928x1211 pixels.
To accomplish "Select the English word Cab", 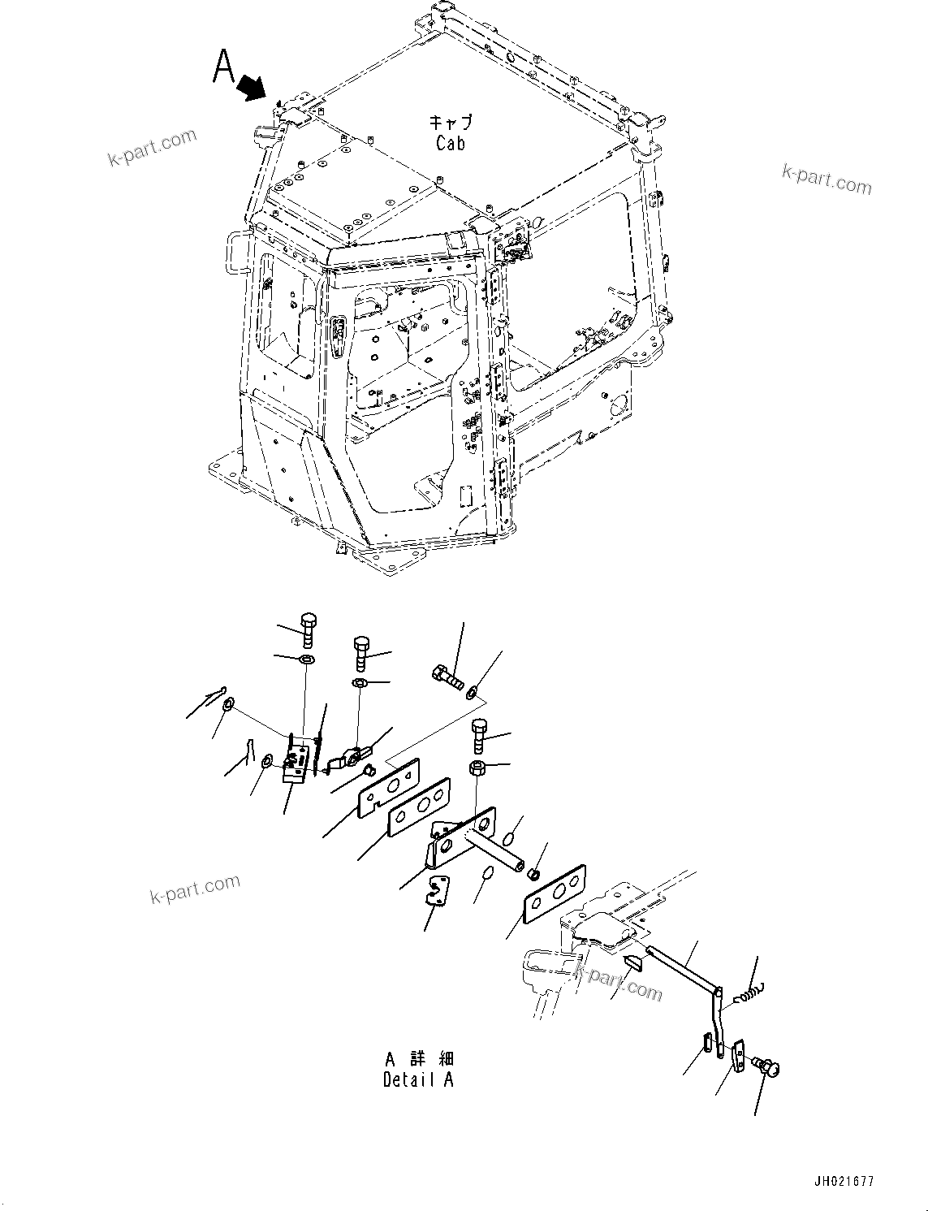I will [451, 144].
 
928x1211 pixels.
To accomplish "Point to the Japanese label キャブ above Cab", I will [451, 123].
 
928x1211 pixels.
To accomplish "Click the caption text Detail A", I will [418, 1080].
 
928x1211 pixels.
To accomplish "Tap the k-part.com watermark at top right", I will [827, 179].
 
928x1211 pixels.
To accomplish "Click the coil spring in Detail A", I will [746, 993].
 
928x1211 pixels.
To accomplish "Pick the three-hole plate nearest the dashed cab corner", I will [555, 893].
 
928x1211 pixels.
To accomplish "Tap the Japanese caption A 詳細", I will [420, 1059].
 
